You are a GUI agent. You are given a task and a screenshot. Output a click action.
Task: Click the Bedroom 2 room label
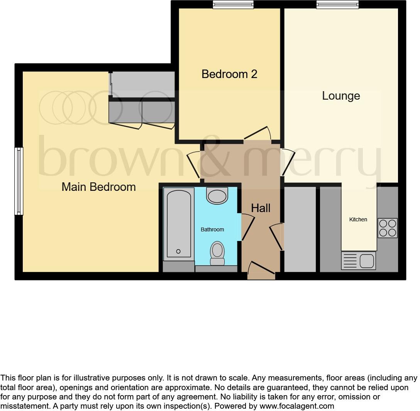(229, 74)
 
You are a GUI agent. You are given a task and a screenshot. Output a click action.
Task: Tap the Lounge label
(341, 96)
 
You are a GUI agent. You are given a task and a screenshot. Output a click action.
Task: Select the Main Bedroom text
(99, 187)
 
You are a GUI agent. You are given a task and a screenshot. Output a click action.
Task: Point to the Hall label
(261, 208)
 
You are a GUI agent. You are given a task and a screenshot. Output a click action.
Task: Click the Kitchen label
(358, 219)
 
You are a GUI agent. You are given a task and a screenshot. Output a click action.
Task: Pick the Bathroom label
(212, 229)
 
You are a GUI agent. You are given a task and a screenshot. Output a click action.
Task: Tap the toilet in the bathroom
(217, 253)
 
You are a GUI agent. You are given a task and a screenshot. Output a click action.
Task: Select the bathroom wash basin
(217, 195)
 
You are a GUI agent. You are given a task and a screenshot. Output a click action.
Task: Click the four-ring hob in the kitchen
(387, 228)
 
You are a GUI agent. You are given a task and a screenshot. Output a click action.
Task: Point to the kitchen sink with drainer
(358, 261)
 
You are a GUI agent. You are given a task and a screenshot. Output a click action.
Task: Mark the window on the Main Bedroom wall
(19, 181)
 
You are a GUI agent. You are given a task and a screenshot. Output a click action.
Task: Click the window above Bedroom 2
(233, 5)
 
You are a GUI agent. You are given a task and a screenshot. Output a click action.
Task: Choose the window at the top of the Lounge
(337, 5)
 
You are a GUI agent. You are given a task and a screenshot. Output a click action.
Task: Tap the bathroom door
(247, 228)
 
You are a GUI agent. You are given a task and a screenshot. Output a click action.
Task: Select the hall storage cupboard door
(277, 236)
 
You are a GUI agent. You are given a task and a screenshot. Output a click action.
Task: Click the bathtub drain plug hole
(178, 251)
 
